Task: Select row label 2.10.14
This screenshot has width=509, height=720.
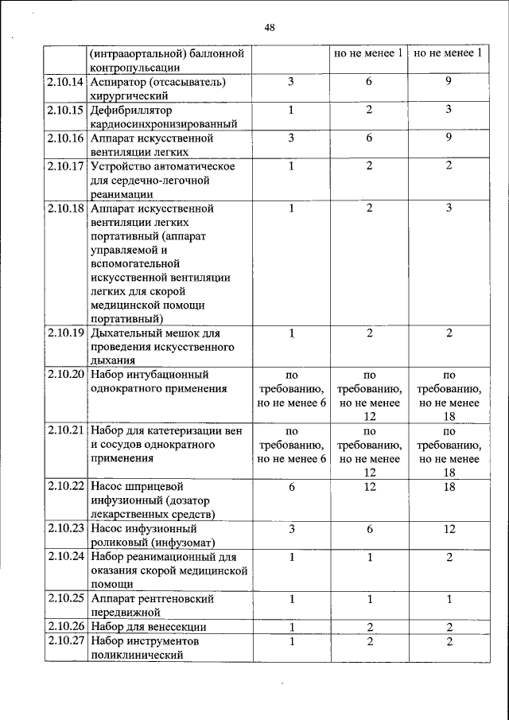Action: pyautogui.click(x=65, y=82)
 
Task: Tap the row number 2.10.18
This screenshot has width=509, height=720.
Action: pyautogui.click(x=65, y=208)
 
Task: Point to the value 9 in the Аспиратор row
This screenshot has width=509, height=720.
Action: pyautogui.click(x=449, y=81)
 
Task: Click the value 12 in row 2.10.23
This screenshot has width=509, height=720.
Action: pyautogui.click(x=449, y=527)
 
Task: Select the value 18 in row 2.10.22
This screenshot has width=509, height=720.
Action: pyautogui.click(x=449, y=485)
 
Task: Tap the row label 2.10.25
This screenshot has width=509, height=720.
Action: pyautogui.click(x=65, y=597)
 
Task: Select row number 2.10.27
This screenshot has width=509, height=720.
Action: pyautogui.click(x=65, y=640)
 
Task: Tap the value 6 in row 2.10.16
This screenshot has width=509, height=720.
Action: pyautogui.click(x=370, y=138)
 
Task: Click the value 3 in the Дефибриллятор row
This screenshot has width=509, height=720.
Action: pyautogui.click(x=449, y=109)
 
